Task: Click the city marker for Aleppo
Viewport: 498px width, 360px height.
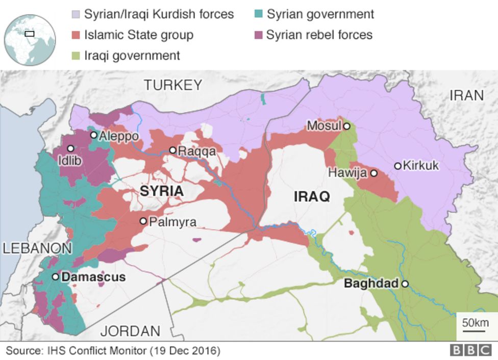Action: click(94, 135)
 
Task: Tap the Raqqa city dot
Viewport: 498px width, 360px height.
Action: click(173, 150)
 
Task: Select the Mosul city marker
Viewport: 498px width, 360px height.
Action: click(346, 126)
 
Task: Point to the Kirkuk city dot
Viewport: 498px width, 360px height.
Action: click(397, 166)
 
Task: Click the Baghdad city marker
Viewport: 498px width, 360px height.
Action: click(405, 284)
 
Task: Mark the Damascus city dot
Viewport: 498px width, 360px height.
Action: click(56, 277)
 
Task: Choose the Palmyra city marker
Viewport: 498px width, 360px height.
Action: click(143, 221)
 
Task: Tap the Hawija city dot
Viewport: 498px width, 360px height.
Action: click(373, 173)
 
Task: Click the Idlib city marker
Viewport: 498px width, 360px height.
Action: click(70, 148)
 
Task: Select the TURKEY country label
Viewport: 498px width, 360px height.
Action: click(173, 85)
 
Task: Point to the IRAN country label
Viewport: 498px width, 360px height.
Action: click(466, 95)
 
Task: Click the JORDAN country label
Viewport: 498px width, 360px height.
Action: click(130, 331)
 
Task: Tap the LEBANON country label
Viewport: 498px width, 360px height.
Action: click(37, 249)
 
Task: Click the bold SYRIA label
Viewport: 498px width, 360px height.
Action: click(161, 191)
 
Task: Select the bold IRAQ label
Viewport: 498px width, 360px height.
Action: click(312, 197)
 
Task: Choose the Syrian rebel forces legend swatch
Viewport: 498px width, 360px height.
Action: click(258, 35)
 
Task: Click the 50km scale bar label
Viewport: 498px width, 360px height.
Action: click(475, 323)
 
